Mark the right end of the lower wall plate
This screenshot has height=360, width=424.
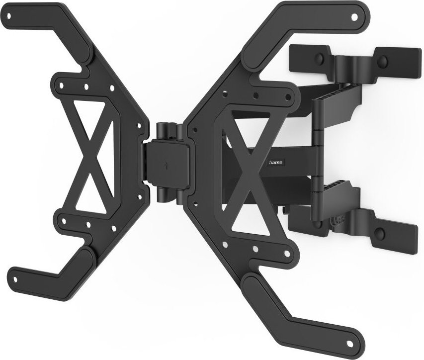point(408,234)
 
